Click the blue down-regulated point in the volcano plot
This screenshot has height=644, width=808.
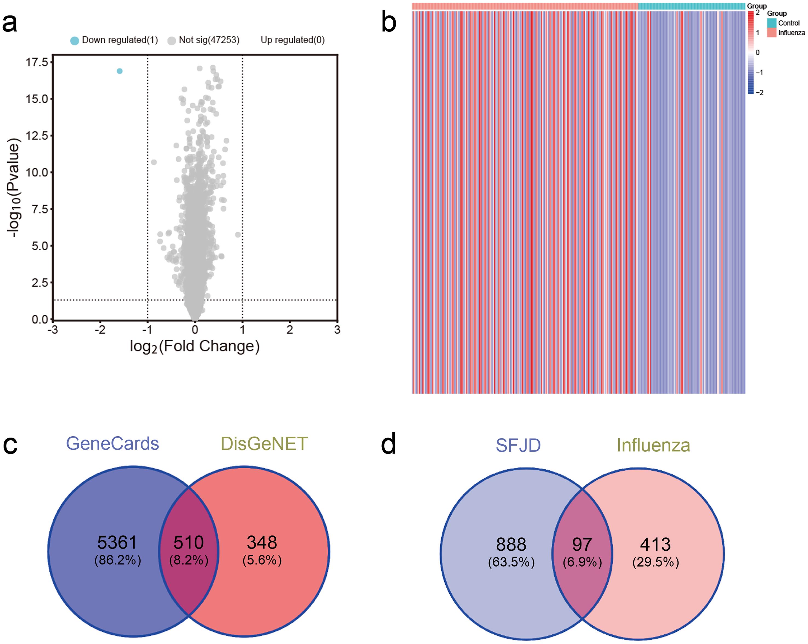coord(120,71)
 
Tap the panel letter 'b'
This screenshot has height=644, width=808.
coord(389,22)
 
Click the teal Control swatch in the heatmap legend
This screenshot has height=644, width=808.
coord(771,23)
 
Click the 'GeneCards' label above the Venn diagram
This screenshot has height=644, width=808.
coord(112,443)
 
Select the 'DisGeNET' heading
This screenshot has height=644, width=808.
coord(264,443)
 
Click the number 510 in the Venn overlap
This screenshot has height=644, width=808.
coord(189,542)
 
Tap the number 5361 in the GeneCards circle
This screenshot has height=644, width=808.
coord(117,542)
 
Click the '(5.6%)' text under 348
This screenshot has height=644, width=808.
coord(262,561)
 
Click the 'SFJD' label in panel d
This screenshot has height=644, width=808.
coord(518,445)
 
